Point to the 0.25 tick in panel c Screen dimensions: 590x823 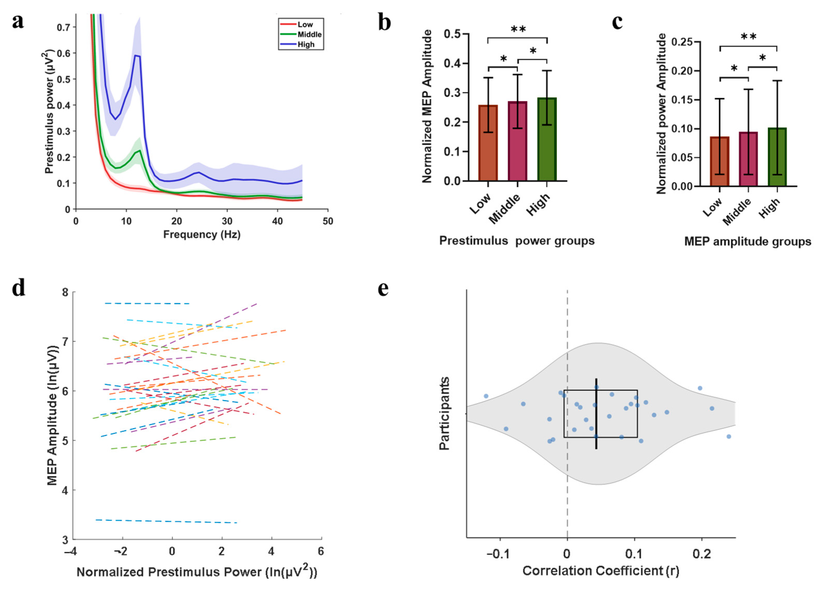click(x=681, y=42)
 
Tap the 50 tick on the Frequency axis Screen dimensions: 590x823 click(x=328, y=221)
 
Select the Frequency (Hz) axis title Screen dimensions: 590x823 click(x=202, y=235)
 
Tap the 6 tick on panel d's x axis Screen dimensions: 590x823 click(x=321, y=551)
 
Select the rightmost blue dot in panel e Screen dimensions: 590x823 click(x=729, y=436)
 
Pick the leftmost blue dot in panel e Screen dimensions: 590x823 click(x=486, y=396)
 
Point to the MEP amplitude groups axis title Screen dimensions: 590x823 click(x=748, y=242)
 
